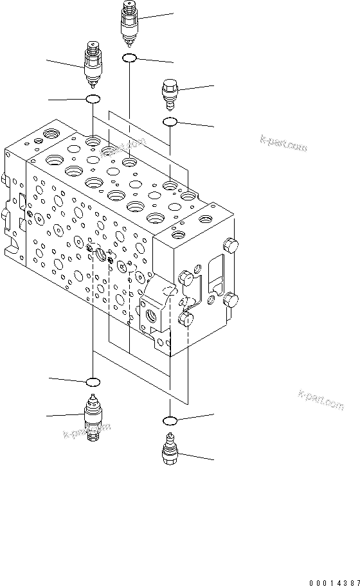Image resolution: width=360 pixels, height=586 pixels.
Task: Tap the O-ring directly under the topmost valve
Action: point(129,58)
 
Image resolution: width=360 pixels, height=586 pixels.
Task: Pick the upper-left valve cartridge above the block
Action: point(93,64)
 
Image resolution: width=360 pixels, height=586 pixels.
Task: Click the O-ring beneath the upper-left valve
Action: point(93,99)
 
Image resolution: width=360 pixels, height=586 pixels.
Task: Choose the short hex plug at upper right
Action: point(170,94)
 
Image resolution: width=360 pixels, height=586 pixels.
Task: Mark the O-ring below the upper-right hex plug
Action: point(170,121)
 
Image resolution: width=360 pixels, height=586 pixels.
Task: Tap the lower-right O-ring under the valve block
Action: point(170,421)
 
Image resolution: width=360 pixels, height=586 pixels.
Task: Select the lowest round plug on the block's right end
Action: point(187,319)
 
